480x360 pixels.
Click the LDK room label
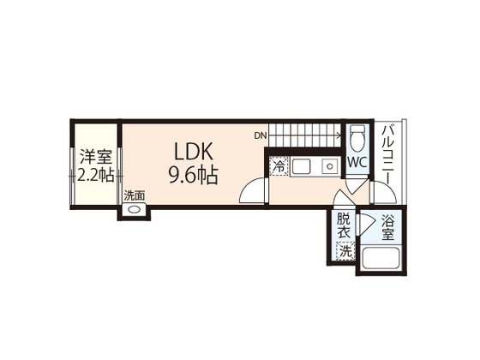[x=193, y=152]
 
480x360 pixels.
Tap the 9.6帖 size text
[x=193, y=175]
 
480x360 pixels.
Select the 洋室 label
[x=95, y=158]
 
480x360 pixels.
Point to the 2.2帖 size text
[x=95, y=175]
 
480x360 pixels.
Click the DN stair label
[x=261, y=135]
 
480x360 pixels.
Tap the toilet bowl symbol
[x=357, y=137]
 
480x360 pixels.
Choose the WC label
[x=357, y=163]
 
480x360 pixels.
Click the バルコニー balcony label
[x=387, y=154]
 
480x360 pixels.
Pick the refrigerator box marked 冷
[x=279, y=166]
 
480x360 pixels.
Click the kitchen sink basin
[x=301, y=166]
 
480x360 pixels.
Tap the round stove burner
[x=329, y=166]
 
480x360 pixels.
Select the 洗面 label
[x=134, y=195]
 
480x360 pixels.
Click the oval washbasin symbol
[x=134, y=211]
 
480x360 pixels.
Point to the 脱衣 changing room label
[x=344, y=226]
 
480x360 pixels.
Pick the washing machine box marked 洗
[x=345, y=251]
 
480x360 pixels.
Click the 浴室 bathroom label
[x=387, y=227]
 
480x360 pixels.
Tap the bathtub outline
[x=381, y=259]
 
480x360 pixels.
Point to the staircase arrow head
[x=339, y=135]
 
